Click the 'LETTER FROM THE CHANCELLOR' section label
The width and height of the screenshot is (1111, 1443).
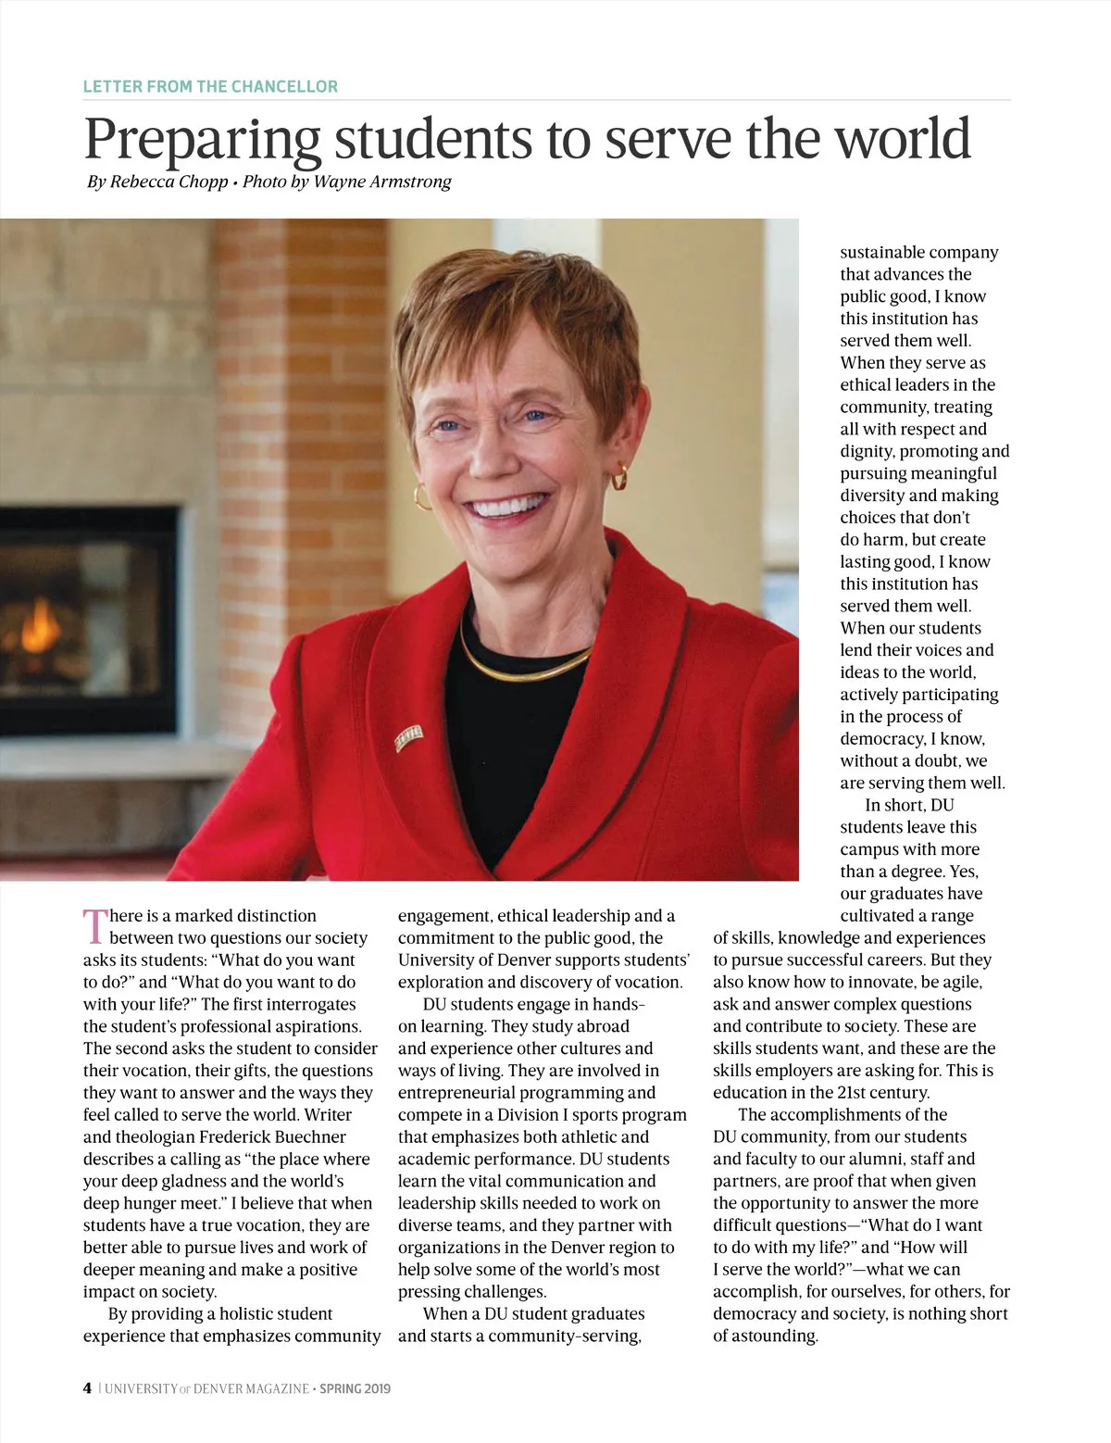[x=210, y=86]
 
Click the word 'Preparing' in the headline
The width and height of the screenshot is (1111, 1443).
[x=202, y=139]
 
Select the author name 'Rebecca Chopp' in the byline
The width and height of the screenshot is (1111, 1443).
[x=169, y=182]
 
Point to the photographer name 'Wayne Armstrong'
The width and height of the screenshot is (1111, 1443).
[x=381, y=182]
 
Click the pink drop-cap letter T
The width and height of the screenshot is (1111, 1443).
[x=95, y=926]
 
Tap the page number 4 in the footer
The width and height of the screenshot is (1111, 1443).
[x=87, y=1387]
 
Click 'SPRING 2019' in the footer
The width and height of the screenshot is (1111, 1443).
[x=356, y=1388]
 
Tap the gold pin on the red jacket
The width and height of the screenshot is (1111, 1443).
[x=408, y=736]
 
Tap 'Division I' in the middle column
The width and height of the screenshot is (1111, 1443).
[x=528, y=1114]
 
